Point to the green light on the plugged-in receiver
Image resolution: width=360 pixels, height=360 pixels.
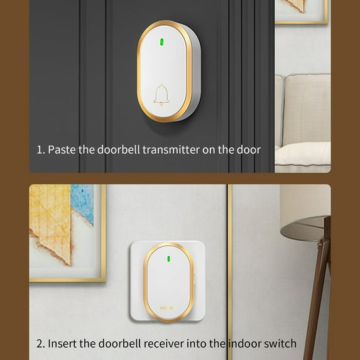click(168, 258)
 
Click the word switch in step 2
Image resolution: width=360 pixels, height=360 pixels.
click(281, 343)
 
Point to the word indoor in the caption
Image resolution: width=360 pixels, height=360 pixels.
click(244, 343)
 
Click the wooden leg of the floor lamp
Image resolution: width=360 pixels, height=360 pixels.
click(321, 276)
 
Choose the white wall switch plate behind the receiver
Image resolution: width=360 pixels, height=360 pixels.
click(138, 283)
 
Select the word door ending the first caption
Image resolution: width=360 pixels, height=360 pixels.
click(249, 150)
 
